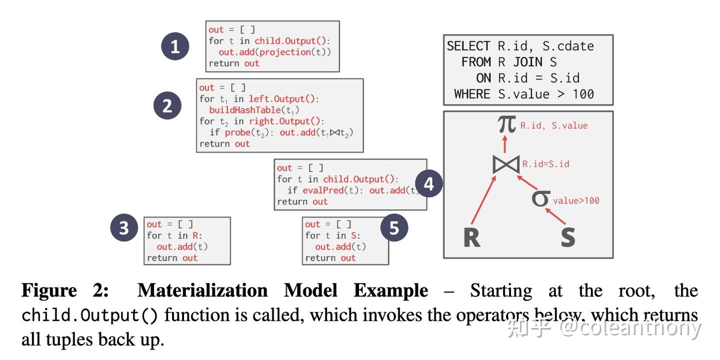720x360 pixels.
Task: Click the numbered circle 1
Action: coord(175,47)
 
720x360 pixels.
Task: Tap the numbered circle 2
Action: coord(167,105)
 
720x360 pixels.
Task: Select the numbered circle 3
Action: coord(124,227)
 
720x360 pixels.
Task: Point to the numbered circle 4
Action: coord(428,184)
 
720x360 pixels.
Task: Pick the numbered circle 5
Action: coord(394,228)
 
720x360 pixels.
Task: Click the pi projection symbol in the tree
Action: coord(506,124)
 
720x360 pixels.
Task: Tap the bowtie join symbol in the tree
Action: coord(505,164)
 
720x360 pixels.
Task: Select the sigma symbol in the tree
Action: coord(540,198)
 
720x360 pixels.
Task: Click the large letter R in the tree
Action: coord(471,237)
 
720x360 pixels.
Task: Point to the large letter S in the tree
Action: coord(567,237)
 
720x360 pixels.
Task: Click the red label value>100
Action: coord(576,200)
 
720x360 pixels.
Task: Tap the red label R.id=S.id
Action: coord(546,164)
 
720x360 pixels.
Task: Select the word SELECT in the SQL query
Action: coord(468,46)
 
